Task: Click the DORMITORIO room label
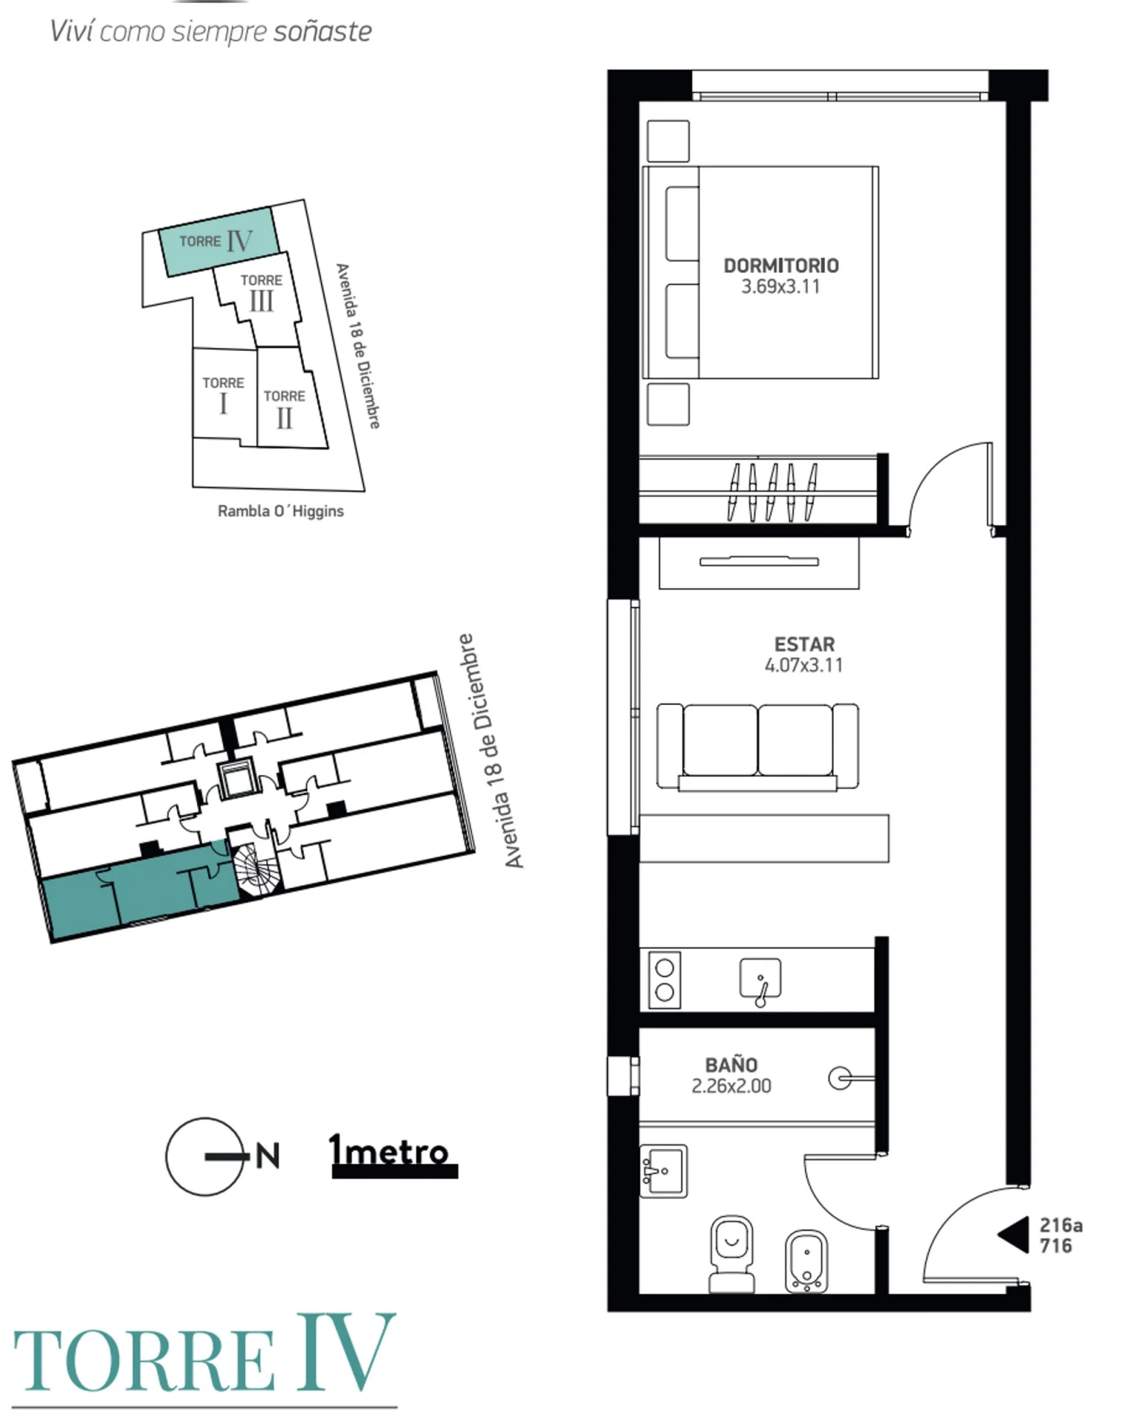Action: click(x=781, y=265)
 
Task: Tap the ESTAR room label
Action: click(x=804, y=644)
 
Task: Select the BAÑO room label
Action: click(x=731, y=1064)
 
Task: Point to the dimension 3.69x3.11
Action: click(x=781, y=287)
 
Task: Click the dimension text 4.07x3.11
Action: click(x=804, y=665)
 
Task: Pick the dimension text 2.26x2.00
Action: click(x=731, y=1086)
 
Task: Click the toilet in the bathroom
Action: click(x=731, y=1254)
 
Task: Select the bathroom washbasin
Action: click(x=663, y=1170)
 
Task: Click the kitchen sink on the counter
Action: click(x=760, y=981)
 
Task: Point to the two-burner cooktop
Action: click(x=664, y=980)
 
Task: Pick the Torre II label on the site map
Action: click(x=284, y=410)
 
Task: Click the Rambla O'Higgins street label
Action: click(x=280, y=511)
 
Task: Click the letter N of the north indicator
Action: click(x=268, y=1156)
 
